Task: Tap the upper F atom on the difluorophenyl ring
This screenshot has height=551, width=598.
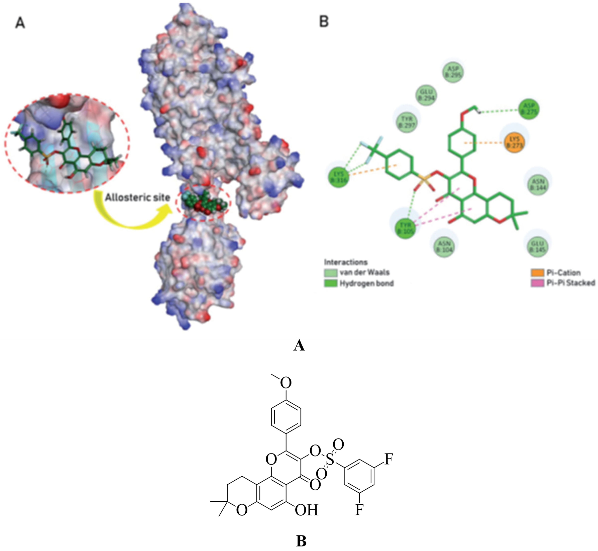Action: (x=388, y=459)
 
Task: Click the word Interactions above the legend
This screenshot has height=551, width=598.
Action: (x=346, y=262)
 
